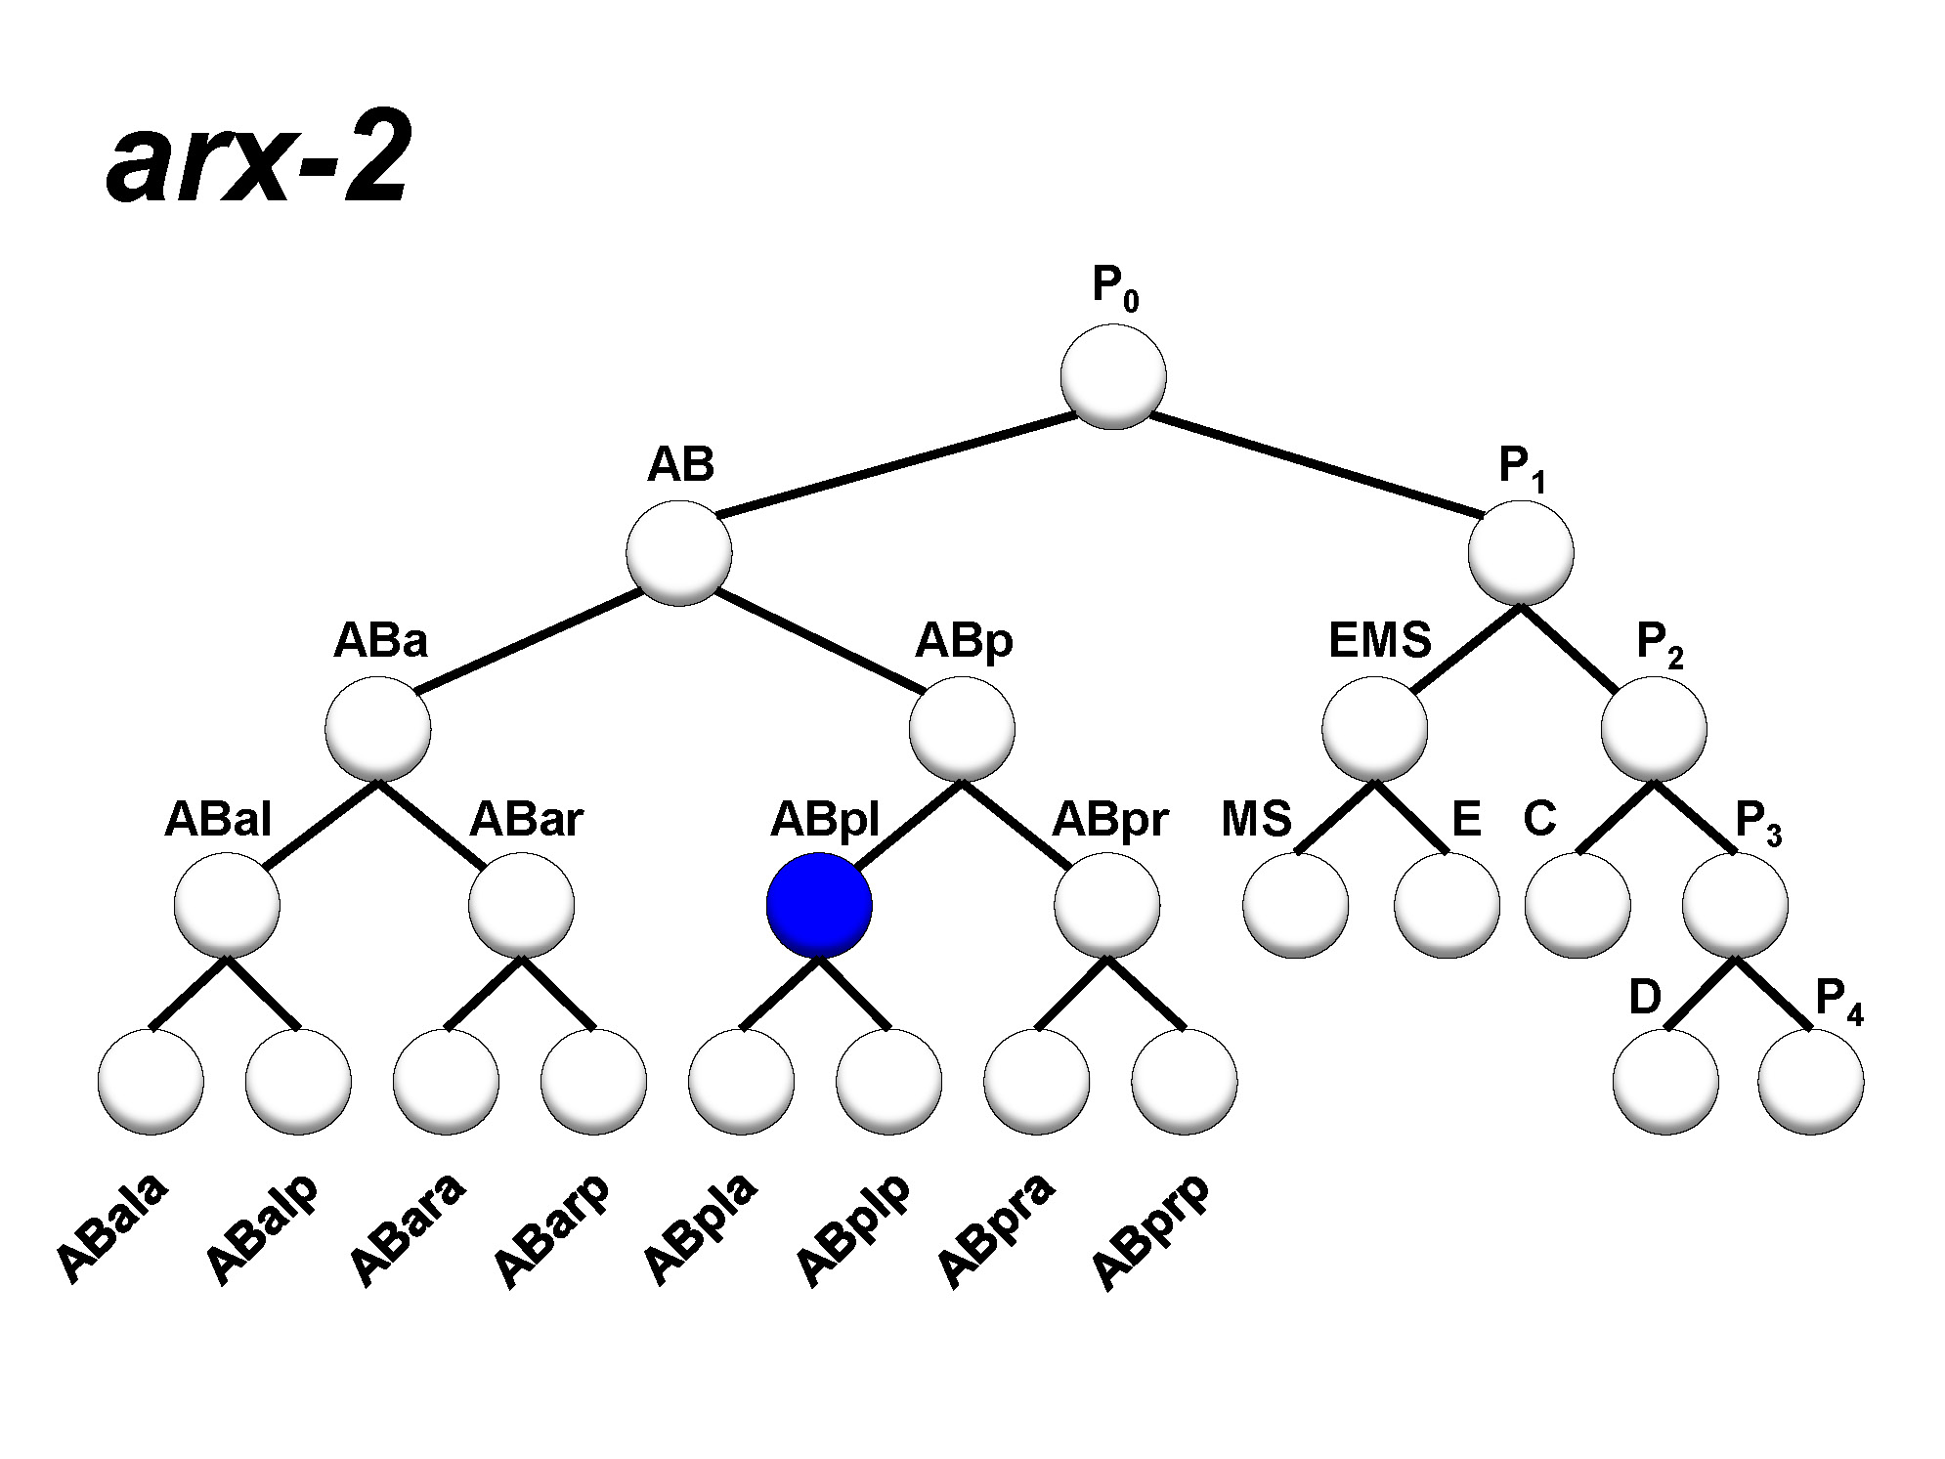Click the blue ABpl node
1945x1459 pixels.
point(818,905)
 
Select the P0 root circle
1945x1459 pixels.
point(1113,376)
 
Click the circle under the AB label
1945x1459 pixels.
point(679,552)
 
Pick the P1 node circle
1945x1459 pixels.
point(1521,552)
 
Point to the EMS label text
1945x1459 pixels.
point(1379,641)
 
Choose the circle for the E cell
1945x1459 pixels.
point(1447,905)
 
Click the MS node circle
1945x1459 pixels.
point(1295,905)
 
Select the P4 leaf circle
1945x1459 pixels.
point(1810,1081)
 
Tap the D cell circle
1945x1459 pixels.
point(1665,1081)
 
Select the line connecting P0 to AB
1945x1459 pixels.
point(894,464)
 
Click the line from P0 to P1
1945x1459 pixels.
point(1315,464)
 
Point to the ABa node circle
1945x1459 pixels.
point(378,729)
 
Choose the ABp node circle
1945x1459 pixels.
point(962,729)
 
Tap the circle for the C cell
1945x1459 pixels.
point(1578,905)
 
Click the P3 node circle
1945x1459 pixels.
point(1735,905)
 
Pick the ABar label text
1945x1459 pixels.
point(526,819)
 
